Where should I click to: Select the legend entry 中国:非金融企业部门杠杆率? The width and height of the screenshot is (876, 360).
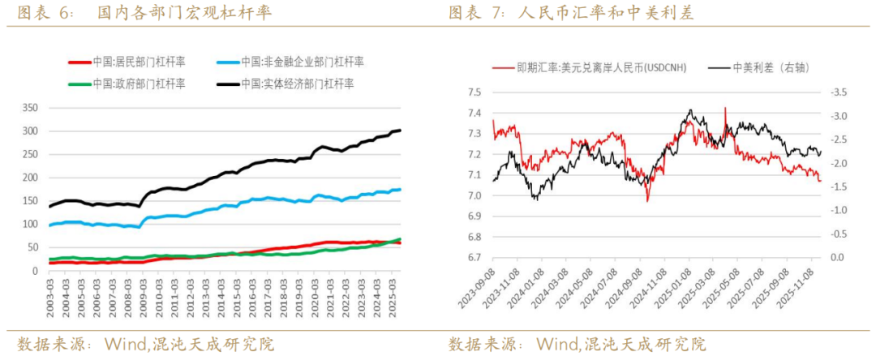coord(312,62)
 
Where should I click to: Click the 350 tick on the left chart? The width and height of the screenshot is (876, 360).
coord(29,107)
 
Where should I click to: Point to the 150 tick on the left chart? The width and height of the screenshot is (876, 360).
coord(29,200)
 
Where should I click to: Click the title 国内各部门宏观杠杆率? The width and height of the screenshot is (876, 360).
coord(184,14)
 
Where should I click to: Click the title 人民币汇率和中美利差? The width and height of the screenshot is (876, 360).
coord(604,14)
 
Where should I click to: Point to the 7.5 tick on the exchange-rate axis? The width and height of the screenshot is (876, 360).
coord(476,92)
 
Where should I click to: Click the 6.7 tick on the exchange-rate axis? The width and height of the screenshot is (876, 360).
coord(476,258)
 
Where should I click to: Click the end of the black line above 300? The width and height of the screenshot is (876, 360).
coord(400,130)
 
